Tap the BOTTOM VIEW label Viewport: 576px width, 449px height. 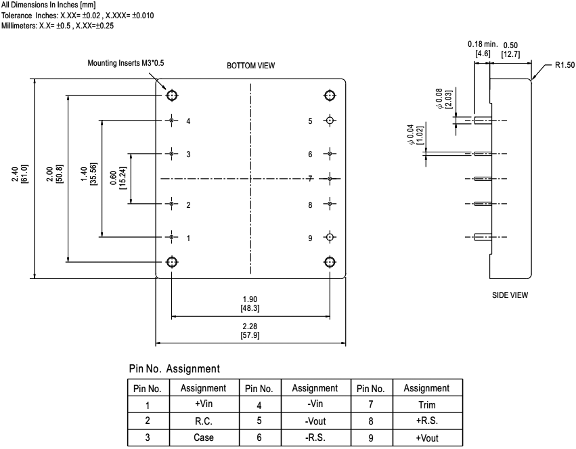pos(252,65)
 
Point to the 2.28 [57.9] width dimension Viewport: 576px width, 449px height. pos(250,331)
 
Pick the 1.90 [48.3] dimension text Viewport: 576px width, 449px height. pos(250,302)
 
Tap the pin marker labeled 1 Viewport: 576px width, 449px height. pos(172,238)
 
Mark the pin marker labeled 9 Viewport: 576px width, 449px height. pos(330,238)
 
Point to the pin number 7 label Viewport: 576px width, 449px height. pos(309,179)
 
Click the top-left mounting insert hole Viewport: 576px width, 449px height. pos(172,95)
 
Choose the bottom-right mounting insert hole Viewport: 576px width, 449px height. pos(330,261)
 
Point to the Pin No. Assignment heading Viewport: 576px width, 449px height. pos(174,369)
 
